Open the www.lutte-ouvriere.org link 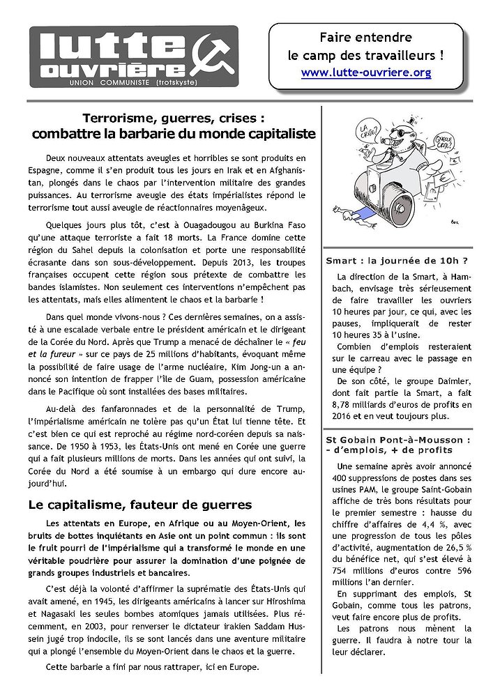click(x=365, y=72)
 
